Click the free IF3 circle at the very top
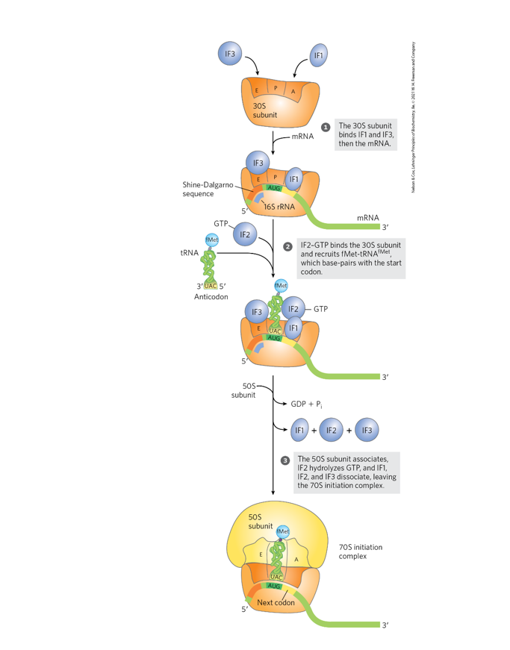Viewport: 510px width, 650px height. click(x=230, y=54)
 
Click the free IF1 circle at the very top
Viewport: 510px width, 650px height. click(x=319, y=54)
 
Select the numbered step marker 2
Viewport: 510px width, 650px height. click(x=287, y=246)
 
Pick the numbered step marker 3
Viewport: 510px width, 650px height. click(x=284, y=460)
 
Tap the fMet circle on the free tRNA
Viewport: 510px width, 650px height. click(x=212, y=240)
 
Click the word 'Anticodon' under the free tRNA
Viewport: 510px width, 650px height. click(x=212, y=296)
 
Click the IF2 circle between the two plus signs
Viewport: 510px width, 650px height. click(x=332, y=430)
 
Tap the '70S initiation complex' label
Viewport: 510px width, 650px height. click(x=361, y=551)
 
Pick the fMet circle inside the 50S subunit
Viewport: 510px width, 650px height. click(x=284, y=531)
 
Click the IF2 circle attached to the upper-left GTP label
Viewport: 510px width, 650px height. click(x=245, y=234)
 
